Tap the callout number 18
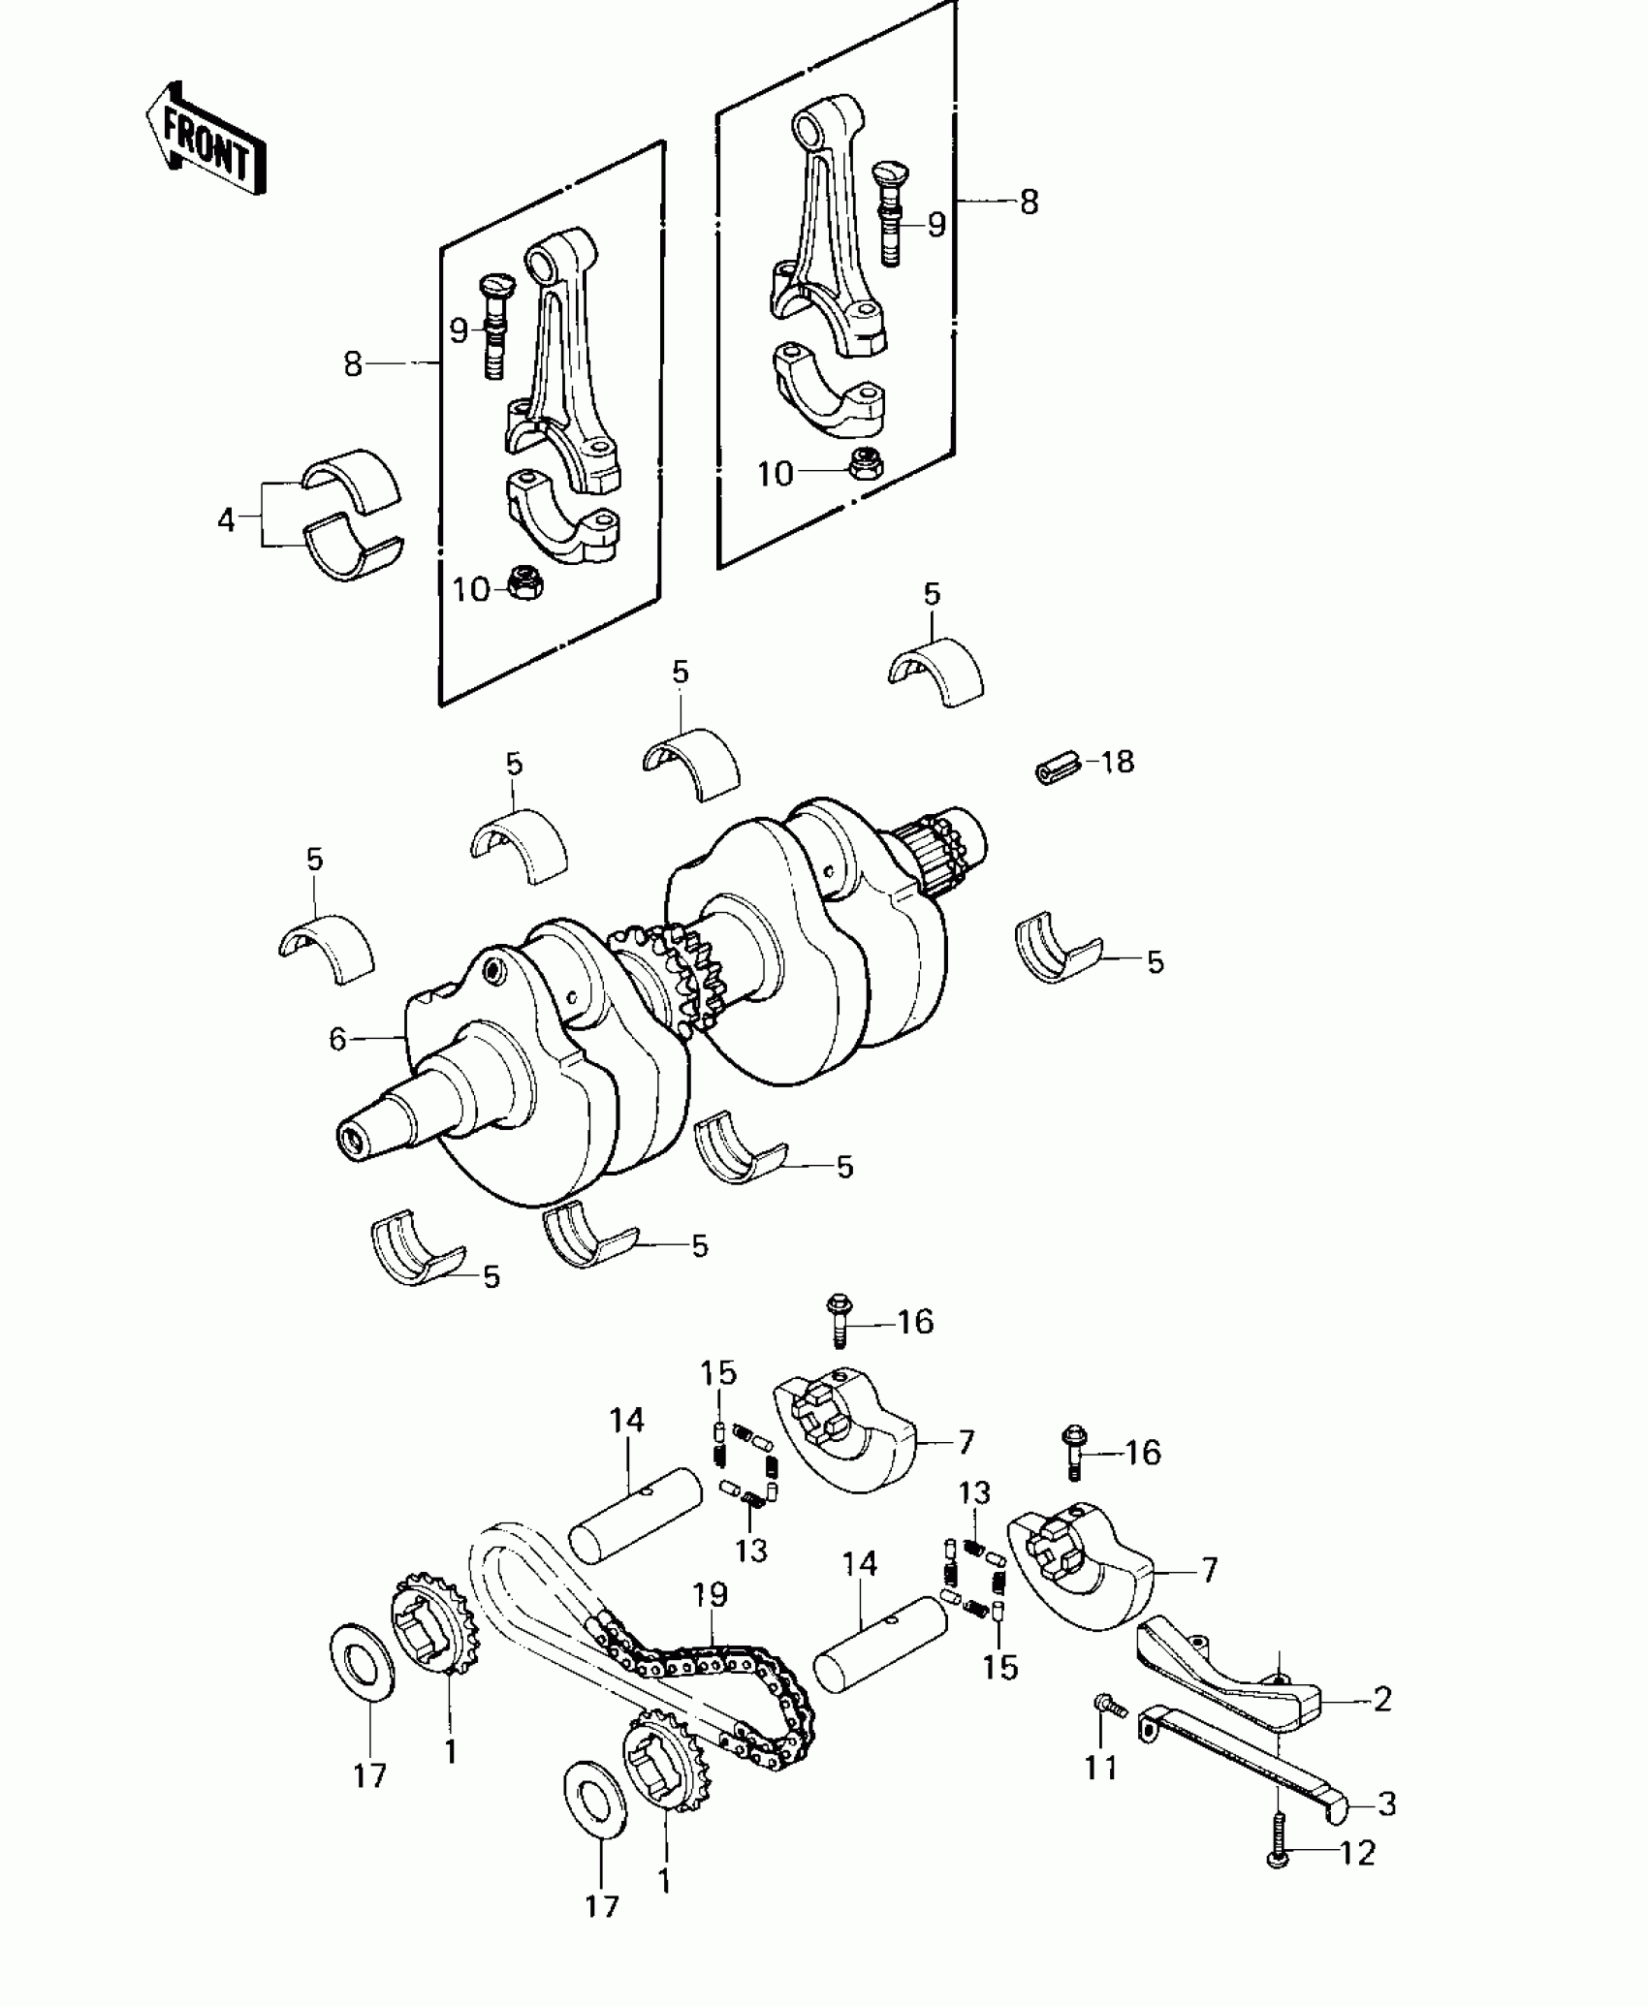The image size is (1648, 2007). pos(1116,762)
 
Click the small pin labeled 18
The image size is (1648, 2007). pos(1058,771)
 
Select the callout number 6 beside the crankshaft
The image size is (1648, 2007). pos(336,1040)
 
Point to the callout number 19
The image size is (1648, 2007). pos(710,1594)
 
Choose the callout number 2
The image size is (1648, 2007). pos(1381,1699)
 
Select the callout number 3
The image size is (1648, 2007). pos(1387,1804)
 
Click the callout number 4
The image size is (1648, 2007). pos(226,520)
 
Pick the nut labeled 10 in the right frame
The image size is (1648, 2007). pos(865,465)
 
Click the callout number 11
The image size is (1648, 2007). pos(1100,1769)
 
